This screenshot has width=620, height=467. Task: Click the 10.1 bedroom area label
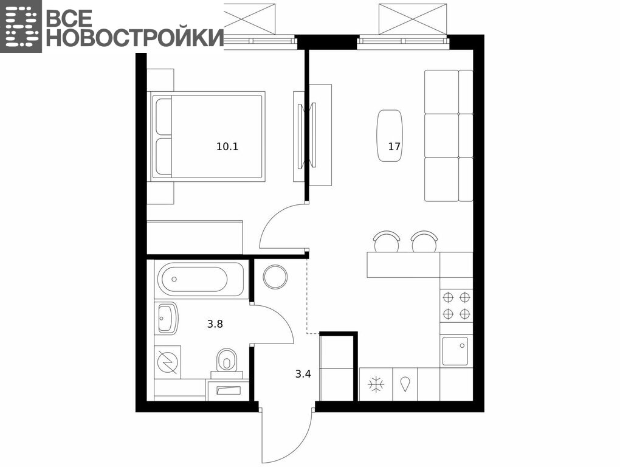227,147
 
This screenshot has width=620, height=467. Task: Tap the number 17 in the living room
394,147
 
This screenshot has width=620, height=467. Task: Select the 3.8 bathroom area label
215,324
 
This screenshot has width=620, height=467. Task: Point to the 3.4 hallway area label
303,374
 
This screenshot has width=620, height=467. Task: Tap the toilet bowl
226,359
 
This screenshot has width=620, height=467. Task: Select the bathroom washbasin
168,318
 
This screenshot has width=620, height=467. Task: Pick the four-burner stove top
456,305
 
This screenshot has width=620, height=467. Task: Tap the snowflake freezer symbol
376,384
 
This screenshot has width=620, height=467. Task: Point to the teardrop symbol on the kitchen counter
405,384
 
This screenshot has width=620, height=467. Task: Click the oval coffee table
390,136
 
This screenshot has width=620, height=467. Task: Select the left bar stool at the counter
387,241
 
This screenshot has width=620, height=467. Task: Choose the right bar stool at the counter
424,241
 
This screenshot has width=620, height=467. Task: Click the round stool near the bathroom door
275,277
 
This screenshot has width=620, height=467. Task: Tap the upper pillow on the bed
164,116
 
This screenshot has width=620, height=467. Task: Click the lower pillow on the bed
164,156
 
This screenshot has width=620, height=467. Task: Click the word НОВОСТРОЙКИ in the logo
135,38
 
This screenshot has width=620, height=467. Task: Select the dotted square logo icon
21,26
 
